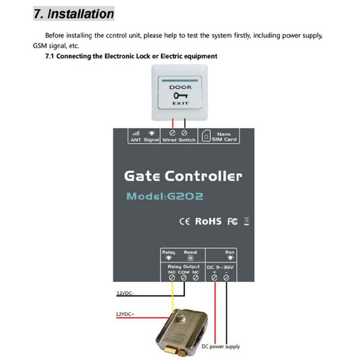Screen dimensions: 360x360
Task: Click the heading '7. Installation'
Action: pyautogui.click(x=74, y=14)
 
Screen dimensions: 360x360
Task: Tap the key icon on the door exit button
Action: pyautogui.click(x=180, y=95)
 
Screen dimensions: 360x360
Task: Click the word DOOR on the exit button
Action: pyautogui.click(x=180, y=87)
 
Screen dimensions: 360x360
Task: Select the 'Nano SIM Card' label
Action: pyautogui.click(x=223, y=137)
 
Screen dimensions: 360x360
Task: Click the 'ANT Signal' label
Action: pyautogui.click(x=144, y=140)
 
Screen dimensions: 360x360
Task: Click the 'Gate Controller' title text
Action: pyautogui.click(x=183, y=175)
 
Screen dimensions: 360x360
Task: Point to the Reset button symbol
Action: pyautogui.click(x=190, y=258)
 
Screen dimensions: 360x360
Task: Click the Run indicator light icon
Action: pyautogui.click(x=230, y=258)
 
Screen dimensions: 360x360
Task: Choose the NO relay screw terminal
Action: pyautogui.click(x=172, y=278)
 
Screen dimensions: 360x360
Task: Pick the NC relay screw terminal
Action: pyautogui.click(x=195, y=278)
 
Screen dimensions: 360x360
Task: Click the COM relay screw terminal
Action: pyautogui.click(x=184, y=278)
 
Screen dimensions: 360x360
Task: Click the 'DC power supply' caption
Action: pyautogui.click(x=221, y=346)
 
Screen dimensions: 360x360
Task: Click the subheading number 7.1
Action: pyautogui.click(x=50, y=56)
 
